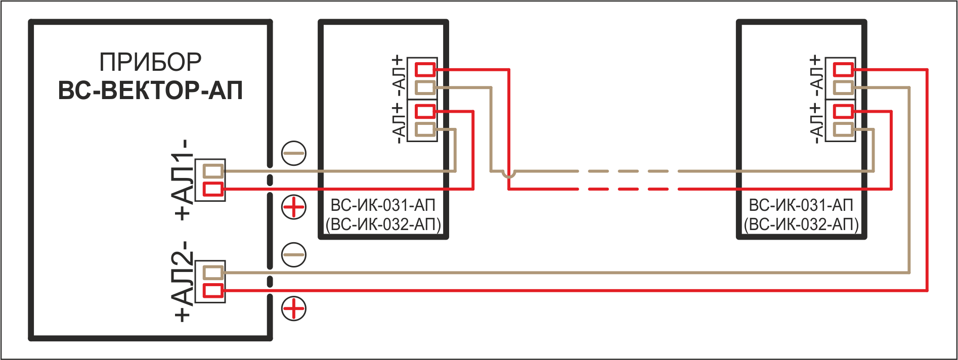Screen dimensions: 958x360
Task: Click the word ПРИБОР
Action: (x=150, y=62)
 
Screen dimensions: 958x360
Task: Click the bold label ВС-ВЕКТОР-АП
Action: (x=150, y=91)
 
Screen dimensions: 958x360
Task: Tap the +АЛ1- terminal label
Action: (x=183, y=179)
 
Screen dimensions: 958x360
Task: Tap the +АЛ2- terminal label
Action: (x=183, y=281)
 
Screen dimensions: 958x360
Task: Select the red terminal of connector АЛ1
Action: (x=213, y=189)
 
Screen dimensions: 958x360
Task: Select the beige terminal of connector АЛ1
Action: (x=213, y=171)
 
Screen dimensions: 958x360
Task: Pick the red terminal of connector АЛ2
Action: (x=213, y=291)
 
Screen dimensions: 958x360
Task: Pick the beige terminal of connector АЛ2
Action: (x=213, y=273)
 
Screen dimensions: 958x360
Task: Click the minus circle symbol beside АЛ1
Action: (x=294, y=153)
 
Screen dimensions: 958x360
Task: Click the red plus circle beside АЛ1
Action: (x=294, y=207)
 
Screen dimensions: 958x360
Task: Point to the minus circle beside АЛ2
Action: (x=294, y=254)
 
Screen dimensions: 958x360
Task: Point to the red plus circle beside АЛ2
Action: (x=294, y=308)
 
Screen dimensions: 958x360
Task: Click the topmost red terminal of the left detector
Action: (x=425, y=69)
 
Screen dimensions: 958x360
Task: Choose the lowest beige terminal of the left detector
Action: (x=425, y=129)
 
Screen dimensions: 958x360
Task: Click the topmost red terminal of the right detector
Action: (x=844, y=69)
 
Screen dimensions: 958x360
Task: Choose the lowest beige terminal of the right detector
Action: (x=844, y=129)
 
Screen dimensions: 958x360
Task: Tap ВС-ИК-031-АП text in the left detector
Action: (x=383, y=205)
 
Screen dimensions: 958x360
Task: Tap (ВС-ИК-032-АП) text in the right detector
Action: (x=802, y=224)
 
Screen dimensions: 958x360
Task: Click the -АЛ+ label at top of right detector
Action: (x=815, y=77)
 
